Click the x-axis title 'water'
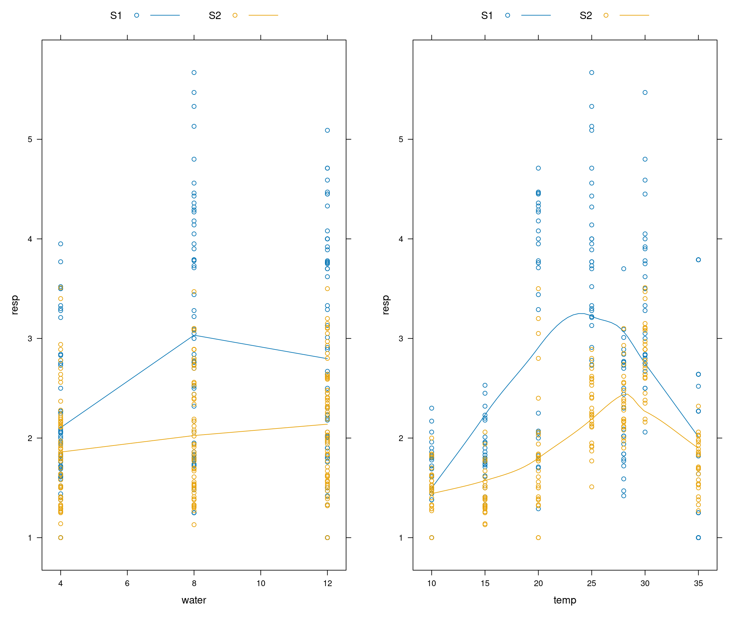coord(194,600)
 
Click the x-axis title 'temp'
coord(565,600)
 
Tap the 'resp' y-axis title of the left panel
coord(14,305)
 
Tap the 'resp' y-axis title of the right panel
coord(385,305)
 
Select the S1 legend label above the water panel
coord(116,15)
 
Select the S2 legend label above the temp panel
coord(585,15)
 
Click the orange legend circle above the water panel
coord(235,15)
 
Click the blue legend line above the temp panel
coord(536,15)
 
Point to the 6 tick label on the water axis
coord(127,583)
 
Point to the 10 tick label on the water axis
coord(261,583)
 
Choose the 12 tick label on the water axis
coord(328,583)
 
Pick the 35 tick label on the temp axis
coord(698,583)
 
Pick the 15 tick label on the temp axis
coord(485,583)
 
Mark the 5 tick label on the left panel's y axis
coord(30,139)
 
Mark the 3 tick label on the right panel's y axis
coord(401,339)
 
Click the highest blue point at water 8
coord(194,73)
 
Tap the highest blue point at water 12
coord(328,131)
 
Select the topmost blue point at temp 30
coord(645,93)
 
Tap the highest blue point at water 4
coord(61,244)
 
